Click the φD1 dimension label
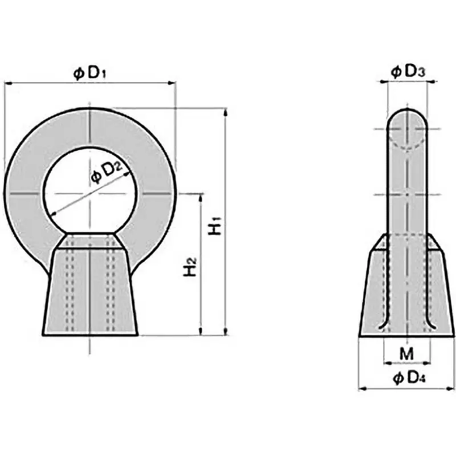point(89,73)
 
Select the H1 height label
point(215,226)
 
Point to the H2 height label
point(190,267)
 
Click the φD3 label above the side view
point(408,72)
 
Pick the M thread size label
point(406,354)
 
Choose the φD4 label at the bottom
point(408,378)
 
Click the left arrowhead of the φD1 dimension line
point(8,83)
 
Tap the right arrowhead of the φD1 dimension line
point(173,83)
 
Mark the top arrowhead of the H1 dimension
point(226,112)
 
